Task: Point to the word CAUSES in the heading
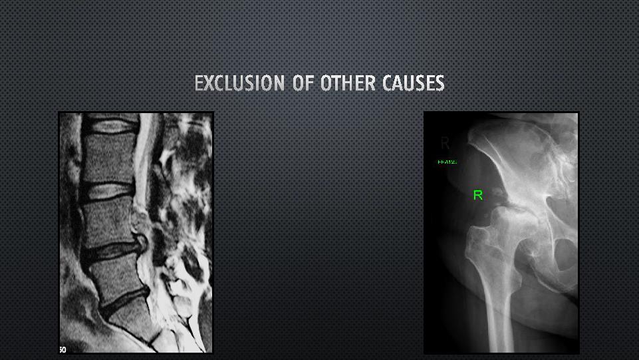point(413,83)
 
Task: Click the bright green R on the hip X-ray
point(477,195)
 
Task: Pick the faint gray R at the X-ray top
point(445,143)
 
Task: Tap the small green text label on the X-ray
point(447,162)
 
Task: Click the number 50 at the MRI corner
point(62,349)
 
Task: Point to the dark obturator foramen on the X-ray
point(562,256)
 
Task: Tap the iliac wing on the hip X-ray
point(525,146)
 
